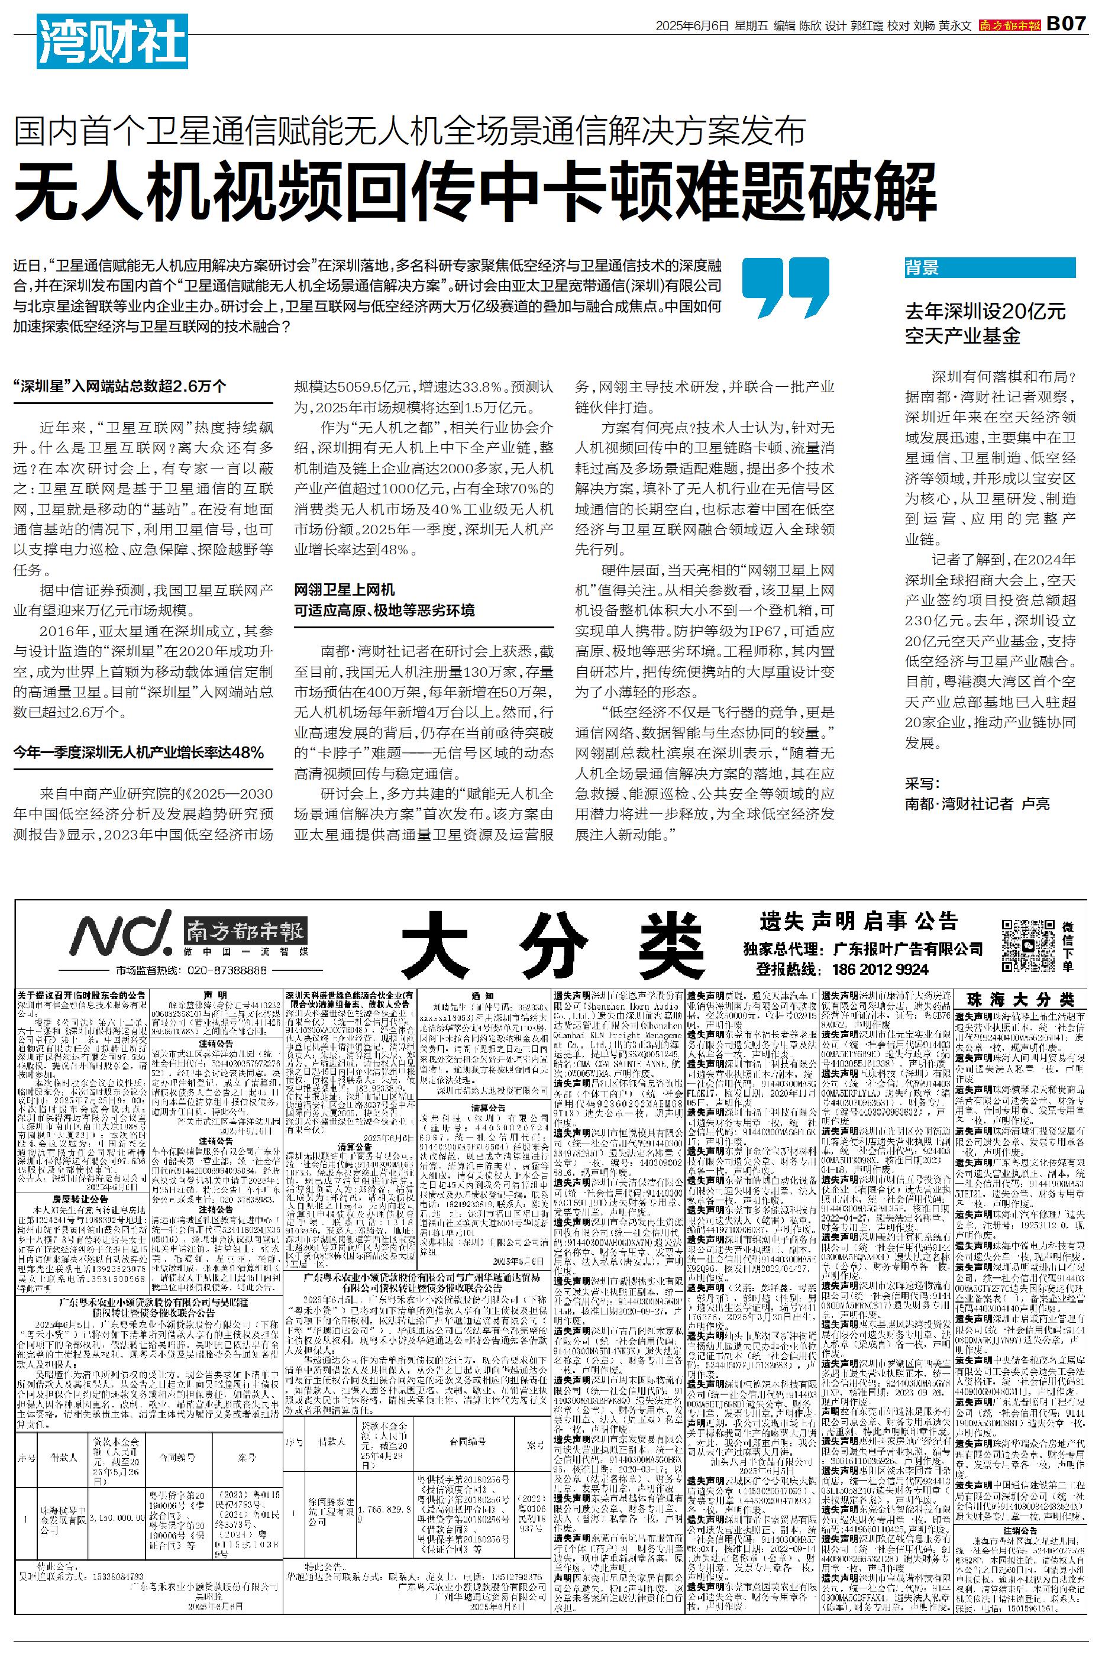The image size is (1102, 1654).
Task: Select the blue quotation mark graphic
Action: pyautogui.click(x=786, y=287)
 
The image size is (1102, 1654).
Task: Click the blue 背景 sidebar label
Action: pyautogui.click(x=922, y=268)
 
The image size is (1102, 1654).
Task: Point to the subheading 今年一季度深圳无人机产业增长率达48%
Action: pyautogui.click(x=139, y=752)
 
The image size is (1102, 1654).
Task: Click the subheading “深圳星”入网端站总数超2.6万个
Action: pyautogui.click(x=120, y=386)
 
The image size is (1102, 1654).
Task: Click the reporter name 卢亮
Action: pyautogui.click(x=1035, y=803)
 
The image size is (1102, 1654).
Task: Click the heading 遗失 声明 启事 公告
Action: pyautogui.click(x=859, y=920)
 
